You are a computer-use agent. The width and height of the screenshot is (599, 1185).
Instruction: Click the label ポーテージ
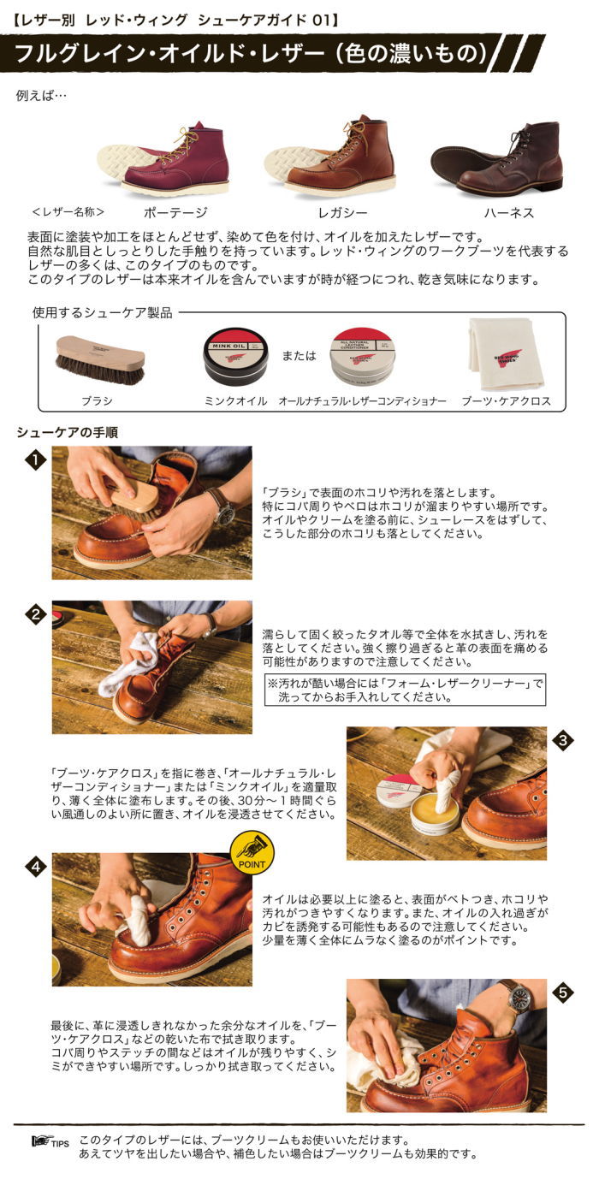pos(176,210)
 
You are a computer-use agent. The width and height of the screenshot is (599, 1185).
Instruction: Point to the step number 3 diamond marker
pos(562,741)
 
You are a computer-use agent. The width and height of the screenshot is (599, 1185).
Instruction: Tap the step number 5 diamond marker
pos(562,993)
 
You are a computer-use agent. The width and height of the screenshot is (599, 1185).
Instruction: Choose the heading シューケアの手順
pos(68,433)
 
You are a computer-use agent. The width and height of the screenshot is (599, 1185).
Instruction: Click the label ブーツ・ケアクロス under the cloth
pos(506,400)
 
